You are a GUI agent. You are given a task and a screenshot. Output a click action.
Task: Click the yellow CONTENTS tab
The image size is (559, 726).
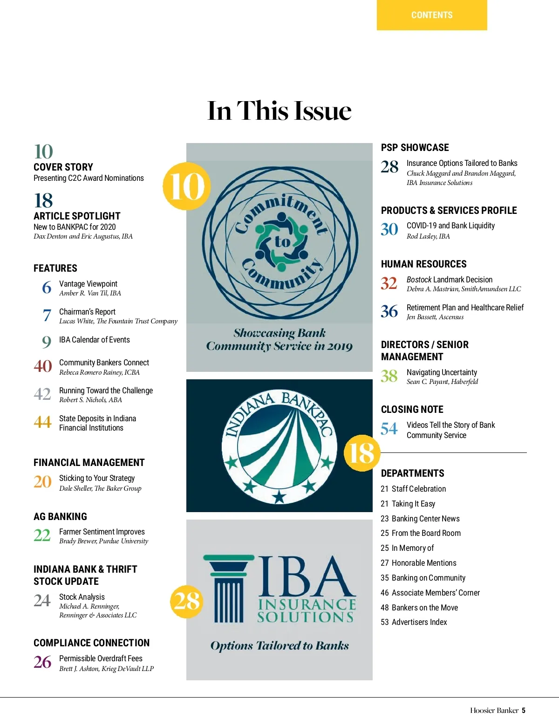point(432,15)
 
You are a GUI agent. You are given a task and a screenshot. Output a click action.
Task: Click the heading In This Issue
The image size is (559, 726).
point(279,111)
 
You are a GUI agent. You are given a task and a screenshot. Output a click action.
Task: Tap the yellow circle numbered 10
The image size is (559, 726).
point(186,186)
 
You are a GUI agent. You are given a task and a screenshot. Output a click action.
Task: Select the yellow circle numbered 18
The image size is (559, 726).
point(362,453)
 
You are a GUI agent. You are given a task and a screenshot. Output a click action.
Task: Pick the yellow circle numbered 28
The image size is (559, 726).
point(187,601)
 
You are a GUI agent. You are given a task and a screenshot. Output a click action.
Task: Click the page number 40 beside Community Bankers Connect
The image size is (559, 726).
point(43,366)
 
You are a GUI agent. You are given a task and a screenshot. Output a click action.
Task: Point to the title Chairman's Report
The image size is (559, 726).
point(87,312)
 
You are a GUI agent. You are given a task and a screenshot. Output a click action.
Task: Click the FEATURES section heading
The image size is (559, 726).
point(55,268)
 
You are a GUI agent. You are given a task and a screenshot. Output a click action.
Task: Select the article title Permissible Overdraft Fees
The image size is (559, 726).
point(101,658)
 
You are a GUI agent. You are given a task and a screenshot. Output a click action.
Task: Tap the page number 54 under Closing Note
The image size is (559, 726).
point(389,429)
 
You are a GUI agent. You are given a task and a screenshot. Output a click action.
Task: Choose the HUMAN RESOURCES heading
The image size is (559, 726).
point(423,264)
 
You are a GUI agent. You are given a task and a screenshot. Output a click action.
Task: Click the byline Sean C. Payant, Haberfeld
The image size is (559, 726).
point(442,382)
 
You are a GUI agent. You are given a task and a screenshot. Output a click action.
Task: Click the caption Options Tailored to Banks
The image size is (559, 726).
point(279,646)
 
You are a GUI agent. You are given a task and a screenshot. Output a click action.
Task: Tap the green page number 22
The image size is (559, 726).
point(42,535)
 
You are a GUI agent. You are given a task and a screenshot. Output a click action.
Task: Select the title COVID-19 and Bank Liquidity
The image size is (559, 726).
point(450,226)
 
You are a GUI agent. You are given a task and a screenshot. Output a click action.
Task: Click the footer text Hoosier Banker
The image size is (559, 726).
point(494,711)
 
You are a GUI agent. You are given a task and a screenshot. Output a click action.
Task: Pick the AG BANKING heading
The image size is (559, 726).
point(60,517)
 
